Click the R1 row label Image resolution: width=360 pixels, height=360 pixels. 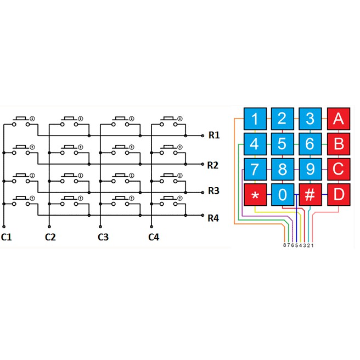[x=214, y=135]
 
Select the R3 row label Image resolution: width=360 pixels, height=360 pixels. [x=213, y=191]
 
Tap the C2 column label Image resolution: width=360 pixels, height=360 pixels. [x=50, y=237]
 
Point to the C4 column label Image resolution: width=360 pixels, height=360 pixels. [x=154, y=237]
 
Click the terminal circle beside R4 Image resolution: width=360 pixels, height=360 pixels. [x=203, y=215]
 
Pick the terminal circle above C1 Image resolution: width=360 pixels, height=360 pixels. [x=4, y=227]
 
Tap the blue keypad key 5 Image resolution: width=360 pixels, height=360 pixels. [x=283, y=144]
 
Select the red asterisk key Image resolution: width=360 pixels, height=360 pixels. [x=255, y=195]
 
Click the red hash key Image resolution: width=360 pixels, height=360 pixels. [x=310, y=195]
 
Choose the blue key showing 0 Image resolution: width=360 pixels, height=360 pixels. [x=283, y=195]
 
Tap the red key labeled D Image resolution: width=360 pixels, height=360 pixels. [x=339, y=195]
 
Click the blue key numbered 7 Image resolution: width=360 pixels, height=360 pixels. [x=255, y=170]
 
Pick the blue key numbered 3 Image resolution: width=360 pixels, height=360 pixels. [x=310, y=119]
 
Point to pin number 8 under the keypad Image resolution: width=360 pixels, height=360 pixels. [x=285, y=245]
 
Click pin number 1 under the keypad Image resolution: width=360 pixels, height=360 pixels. [x=312, y=245]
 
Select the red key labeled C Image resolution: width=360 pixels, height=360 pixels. [x=339, y=170]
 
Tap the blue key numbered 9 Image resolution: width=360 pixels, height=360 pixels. [x=310, y=170]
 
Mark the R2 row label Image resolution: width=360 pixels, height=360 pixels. [x=212, y=165]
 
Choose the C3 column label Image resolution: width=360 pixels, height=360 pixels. [x=103, y=237]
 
